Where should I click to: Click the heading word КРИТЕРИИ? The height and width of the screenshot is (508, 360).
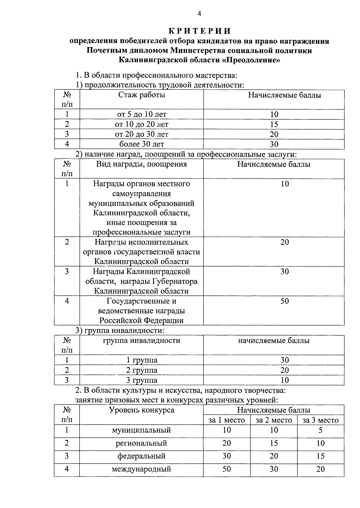point(199,31)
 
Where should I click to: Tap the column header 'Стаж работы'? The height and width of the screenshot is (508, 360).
point(142,95)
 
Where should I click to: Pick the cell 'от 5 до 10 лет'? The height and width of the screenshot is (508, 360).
point(142,114)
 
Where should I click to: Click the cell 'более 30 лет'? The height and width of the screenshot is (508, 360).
point(142,144)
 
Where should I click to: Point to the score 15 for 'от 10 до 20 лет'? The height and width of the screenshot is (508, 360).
point(274,124)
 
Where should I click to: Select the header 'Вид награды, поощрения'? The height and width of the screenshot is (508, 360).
point(142,164)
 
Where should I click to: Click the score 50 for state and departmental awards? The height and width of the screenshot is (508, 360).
point(284,301)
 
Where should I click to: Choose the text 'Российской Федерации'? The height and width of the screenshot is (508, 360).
point(142,320)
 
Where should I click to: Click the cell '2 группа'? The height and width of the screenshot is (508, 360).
point(142,370)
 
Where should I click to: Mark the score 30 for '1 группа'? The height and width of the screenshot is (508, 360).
point(284,360)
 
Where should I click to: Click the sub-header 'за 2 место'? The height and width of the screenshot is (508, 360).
point(274,420)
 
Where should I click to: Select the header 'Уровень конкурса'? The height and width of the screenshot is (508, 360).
point(142,410)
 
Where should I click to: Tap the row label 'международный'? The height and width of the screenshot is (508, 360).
point(142,469)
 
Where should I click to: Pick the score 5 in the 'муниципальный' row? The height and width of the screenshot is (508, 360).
point(320,430)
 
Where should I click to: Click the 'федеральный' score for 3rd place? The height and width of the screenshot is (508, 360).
point(320,456)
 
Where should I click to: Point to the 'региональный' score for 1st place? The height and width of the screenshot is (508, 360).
point(226,443)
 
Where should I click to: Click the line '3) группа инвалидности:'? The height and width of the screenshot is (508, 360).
point(120,330)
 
